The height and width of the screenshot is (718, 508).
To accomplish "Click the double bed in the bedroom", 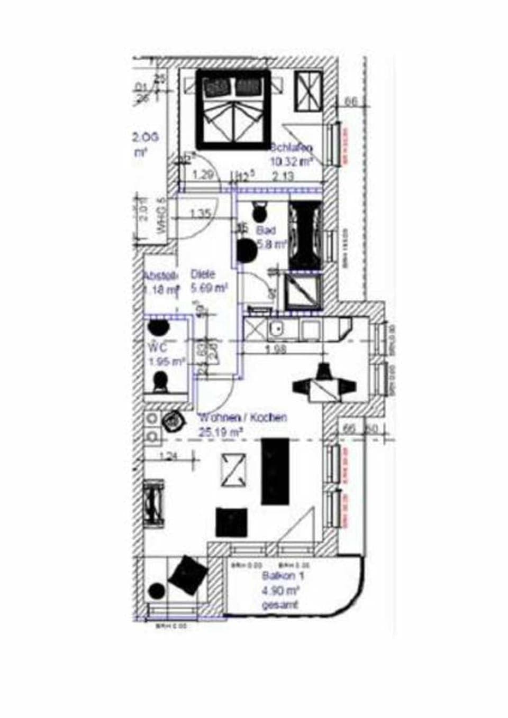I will [x=233, y=110].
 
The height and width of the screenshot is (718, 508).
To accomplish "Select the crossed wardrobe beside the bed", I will [x=308, y=91].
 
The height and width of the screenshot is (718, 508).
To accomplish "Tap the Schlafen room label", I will [x=292, y=148].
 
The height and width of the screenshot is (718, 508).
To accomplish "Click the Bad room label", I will [x=266, y=231].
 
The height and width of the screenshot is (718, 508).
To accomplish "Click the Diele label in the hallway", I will [x=203, y=274].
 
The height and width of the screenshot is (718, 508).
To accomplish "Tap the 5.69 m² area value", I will [x=209, y=288].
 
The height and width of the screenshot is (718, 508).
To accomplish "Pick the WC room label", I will [x=158, y=347].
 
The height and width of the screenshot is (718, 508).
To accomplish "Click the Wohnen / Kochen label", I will [x=243, y=417].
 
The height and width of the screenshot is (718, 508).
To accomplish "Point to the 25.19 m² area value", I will [x=221, y=432].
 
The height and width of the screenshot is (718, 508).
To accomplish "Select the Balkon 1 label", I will [x=283, y=576].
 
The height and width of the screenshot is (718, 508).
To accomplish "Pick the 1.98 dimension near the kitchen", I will [x=275, y=349].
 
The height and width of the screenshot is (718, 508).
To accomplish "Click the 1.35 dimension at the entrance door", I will [x=201, y=214].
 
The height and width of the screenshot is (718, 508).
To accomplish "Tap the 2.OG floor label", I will [x=145, y=137].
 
